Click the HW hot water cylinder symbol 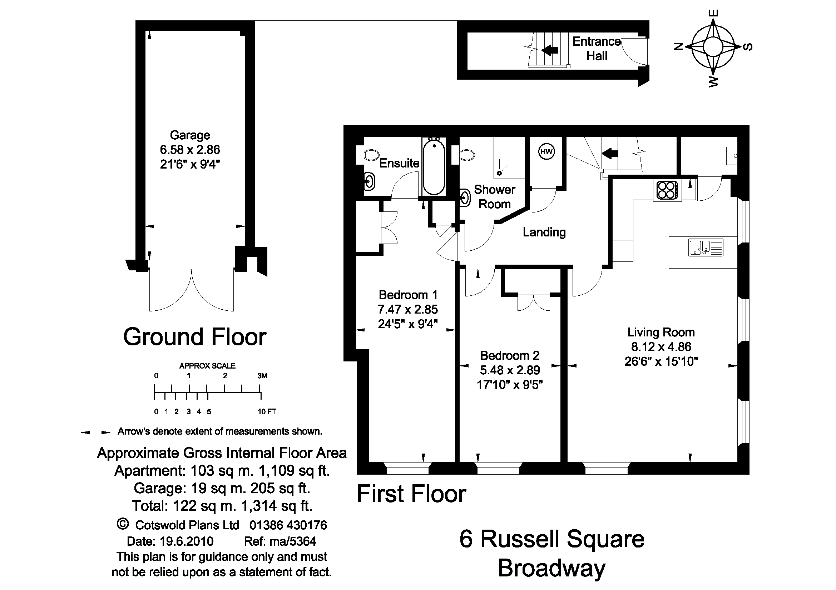[x=546, y=152]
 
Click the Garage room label [x=190, y=135]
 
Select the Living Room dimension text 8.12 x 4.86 [x=661, y=347]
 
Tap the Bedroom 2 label [x=509, y=355]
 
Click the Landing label [x=544, y=232]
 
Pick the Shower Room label [x=494, y=197]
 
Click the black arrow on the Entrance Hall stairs [x=550, y=50]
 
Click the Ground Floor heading [x=195, y=337]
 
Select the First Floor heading [x=411, y=494]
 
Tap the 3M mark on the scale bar [x=262, y=376]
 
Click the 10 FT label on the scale [x=267, y=412]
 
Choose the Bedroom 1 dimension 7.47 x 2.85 [x=407, y=309]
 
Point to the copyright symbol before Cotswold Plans [x=123, y=524]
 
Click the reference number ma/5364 [x=280, y=541]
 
